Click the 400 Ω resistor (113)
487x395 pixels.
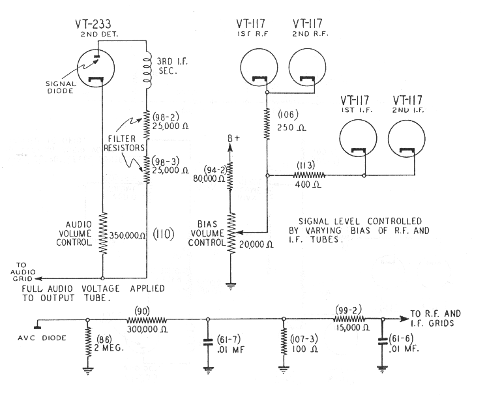[309, 175]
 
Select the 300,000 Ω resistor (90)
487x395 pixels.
[147, 320]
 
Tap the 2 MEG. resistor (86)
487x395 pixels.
[88, 342]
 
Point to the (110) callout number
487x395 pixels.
[184, 235]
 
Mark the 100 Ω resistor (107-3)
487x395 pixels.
[284, 342]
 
